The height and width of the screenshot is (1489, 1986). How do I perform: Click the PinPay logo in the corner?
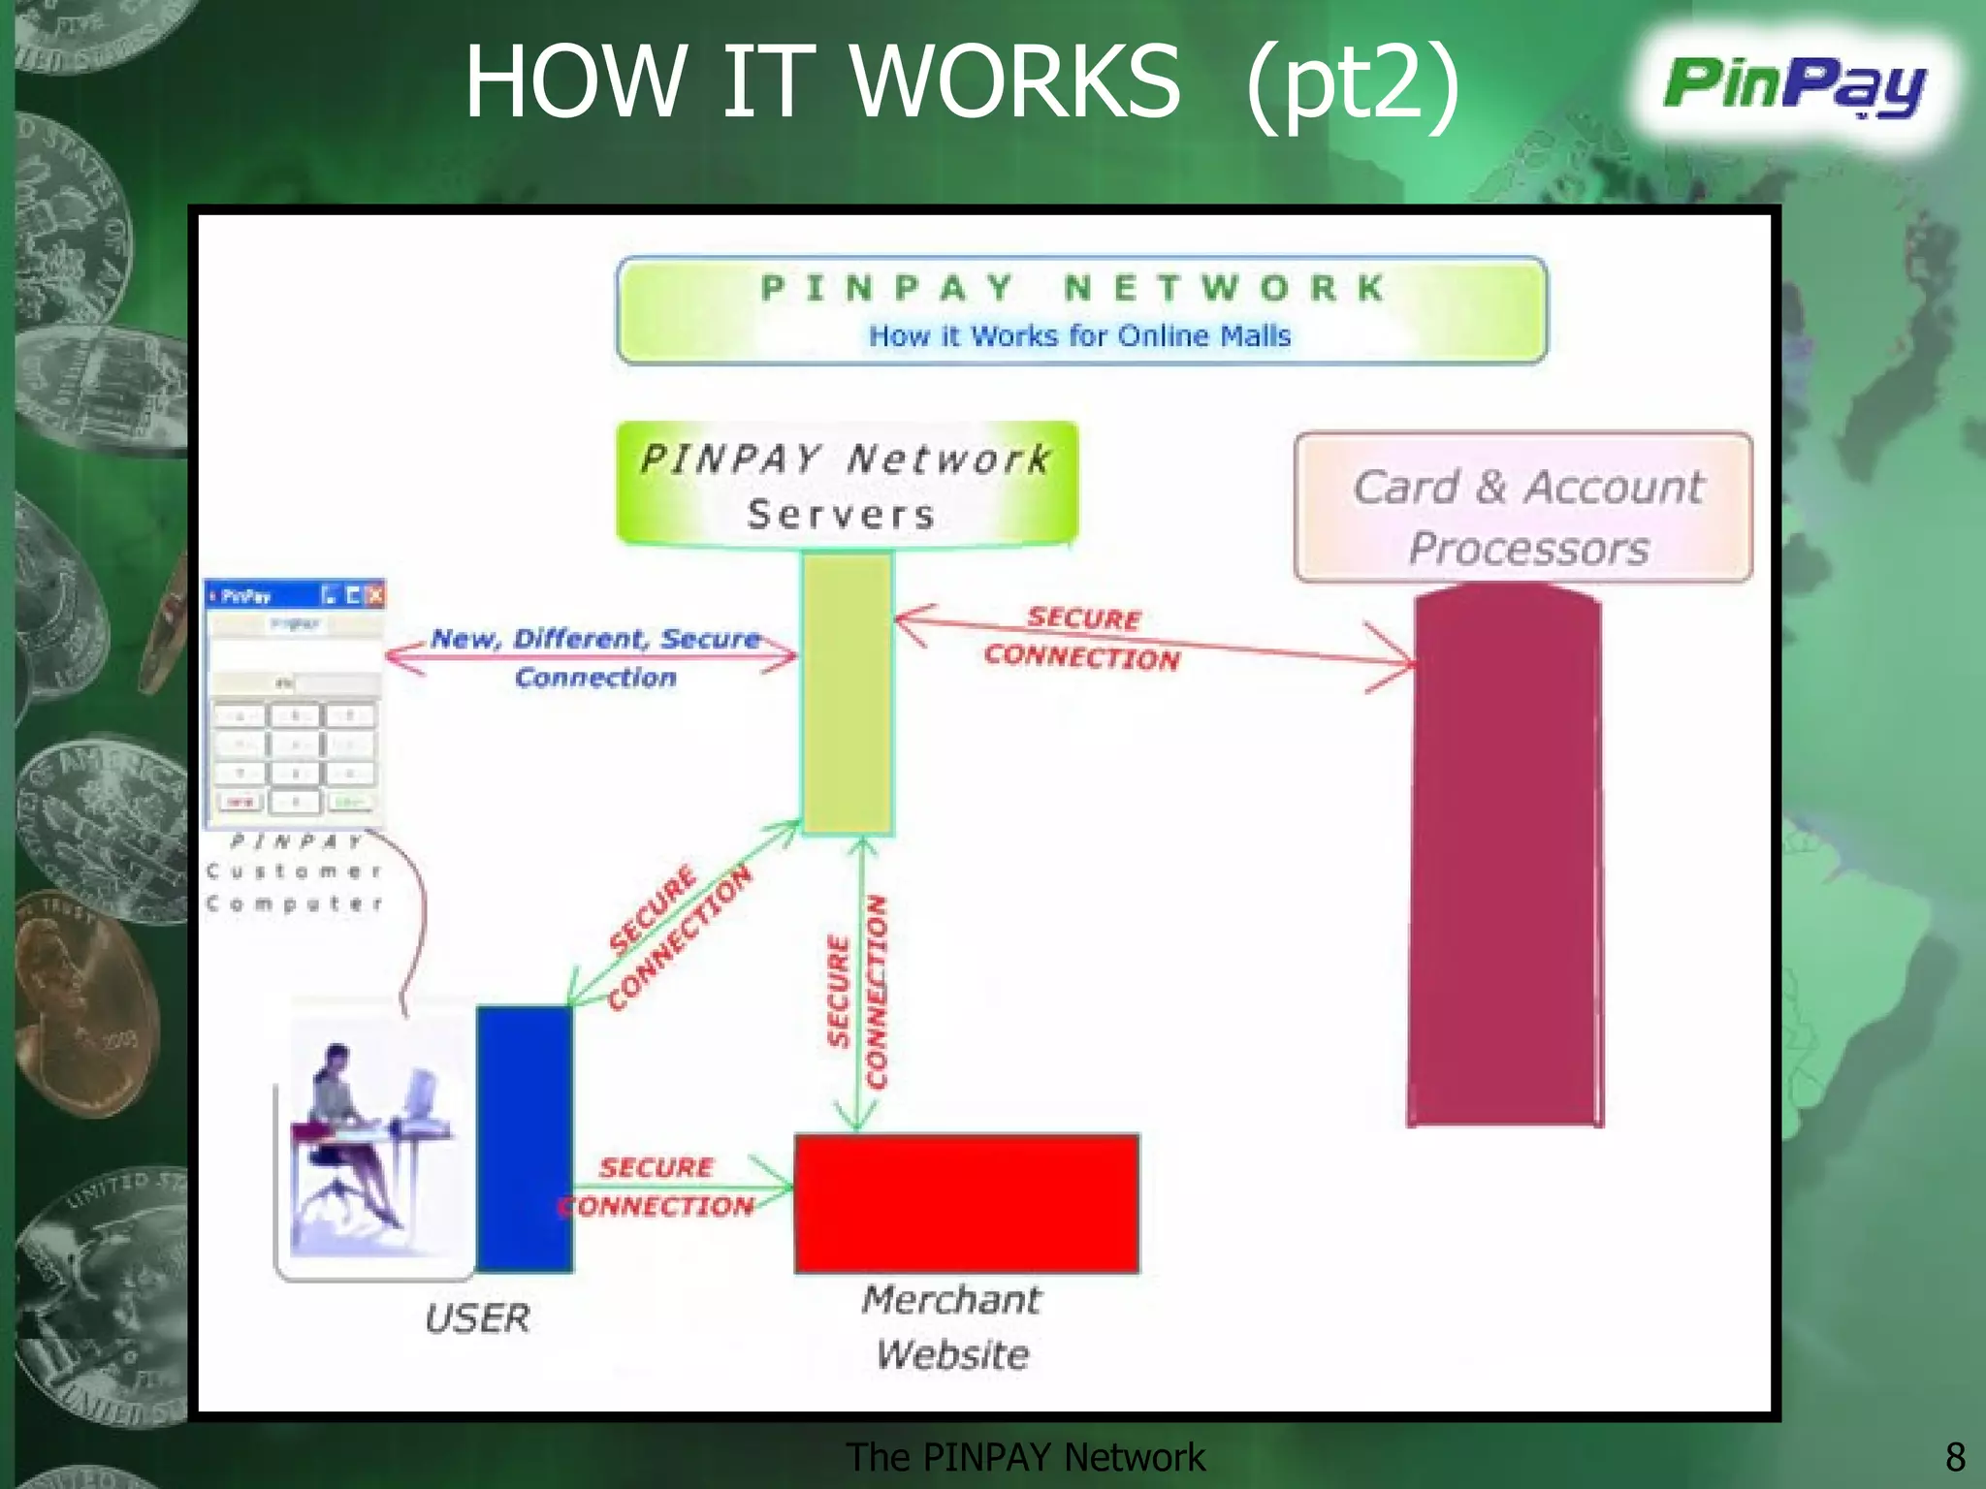click(x=1794, y=87)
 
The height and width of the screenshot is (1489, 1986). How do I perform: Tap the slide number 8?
click(x=1954, y=1457)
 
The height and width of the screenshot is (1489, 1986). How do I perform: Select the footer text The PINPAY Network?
click(x=1025, y=1457)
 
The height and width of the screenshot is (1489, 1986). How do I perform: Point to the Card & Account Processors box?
click(x=1523, y=508)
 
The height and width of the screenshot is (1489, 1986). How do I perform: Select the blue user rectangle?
click(x=524, y=1138)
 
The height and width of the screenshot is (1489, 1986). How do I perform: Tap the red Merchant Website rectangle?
click(x=967, y=1203)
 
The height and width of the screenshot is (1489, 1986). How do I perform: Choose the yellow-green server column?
click(x=847, y=693)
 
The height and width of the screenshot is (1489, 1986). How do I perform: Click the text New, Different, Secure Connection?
click(x=595, y=657)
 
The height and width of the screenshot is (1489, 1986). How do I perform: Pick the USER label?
click(x=477, y=1318)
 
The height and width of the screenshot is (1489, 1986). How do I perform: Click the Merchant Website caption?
click(x=952, y=1326)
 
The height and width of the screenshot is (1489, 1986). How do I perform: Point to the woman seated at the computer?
click(x=349, y=1134)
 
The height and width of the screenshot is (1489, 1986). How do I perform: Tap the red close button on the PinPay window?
click(x=375, y=595)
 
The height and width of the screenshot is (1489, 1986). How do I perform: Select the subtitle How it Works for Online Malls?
click(x=1079, y=336)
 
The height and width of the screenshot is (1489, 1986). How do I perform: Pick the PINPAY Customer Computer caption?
click(x=294, y=872)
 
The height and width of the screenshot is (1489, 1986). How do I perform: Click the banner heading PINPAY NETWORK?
click(x=1073, y=288)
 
